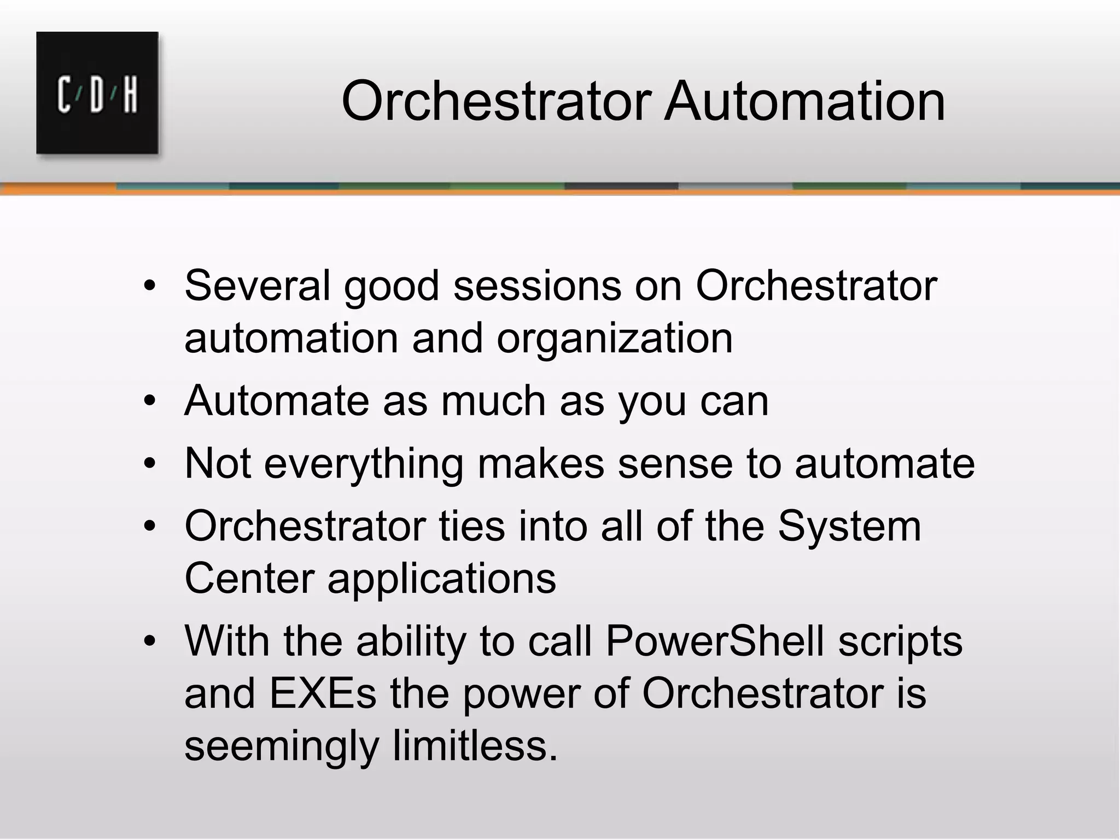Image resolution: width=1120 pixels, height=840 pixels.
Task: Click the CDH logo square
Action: [x=97, y=93]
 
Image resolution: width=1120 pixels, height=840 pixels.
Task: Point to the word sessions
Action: [x=537, y=285]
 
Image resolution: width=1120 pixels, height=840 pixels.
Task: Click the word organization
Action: [x=614, y=338]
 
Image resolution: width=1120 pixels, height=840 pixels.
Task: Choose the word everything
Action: [x=364, y=464]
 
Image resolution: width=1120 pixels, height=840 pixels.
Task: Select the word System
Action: [x=849, y=526]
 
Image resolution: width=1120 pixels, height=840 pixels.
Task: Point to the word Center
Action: [x=249, y=579]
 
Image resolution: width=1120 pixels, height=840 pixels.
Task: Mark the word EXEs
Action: [x=322, y=693]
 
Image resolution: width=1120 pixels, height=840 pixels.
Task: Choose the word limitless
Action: [x=475, y=745]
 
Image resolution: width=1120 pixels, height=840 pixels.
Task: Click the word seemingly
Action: [x=281, y=746]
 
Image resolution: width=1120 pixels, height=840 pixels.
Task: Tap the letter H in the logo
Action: [x=130, y=95]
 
